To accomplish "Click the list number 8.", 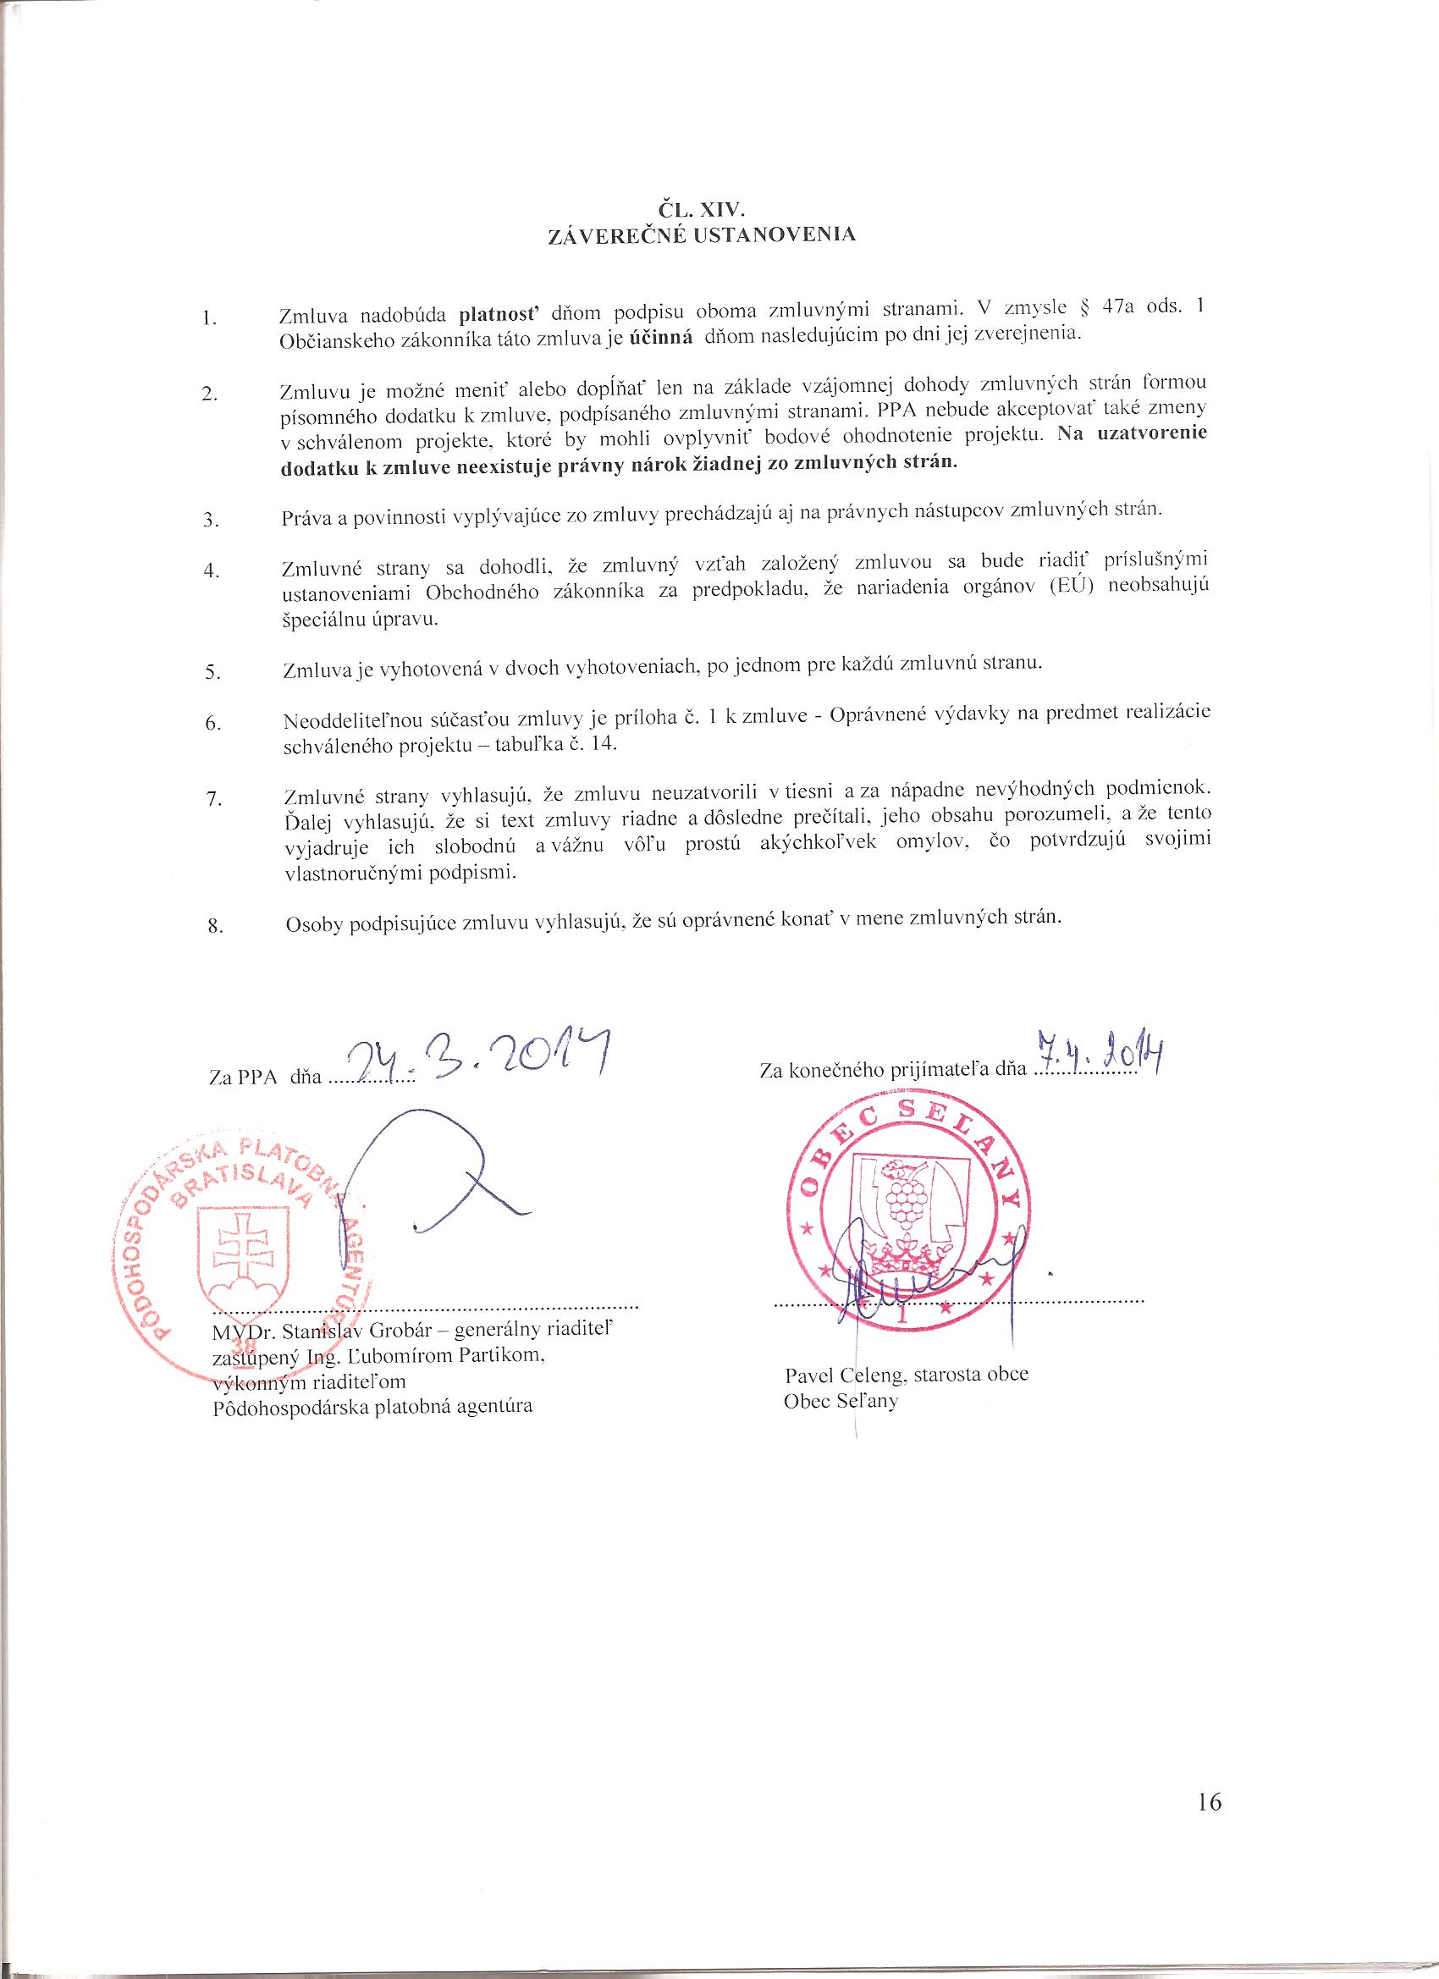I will coord(213,926).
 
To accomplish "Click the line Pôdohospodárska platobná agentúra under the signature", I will coord(372,1406).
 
